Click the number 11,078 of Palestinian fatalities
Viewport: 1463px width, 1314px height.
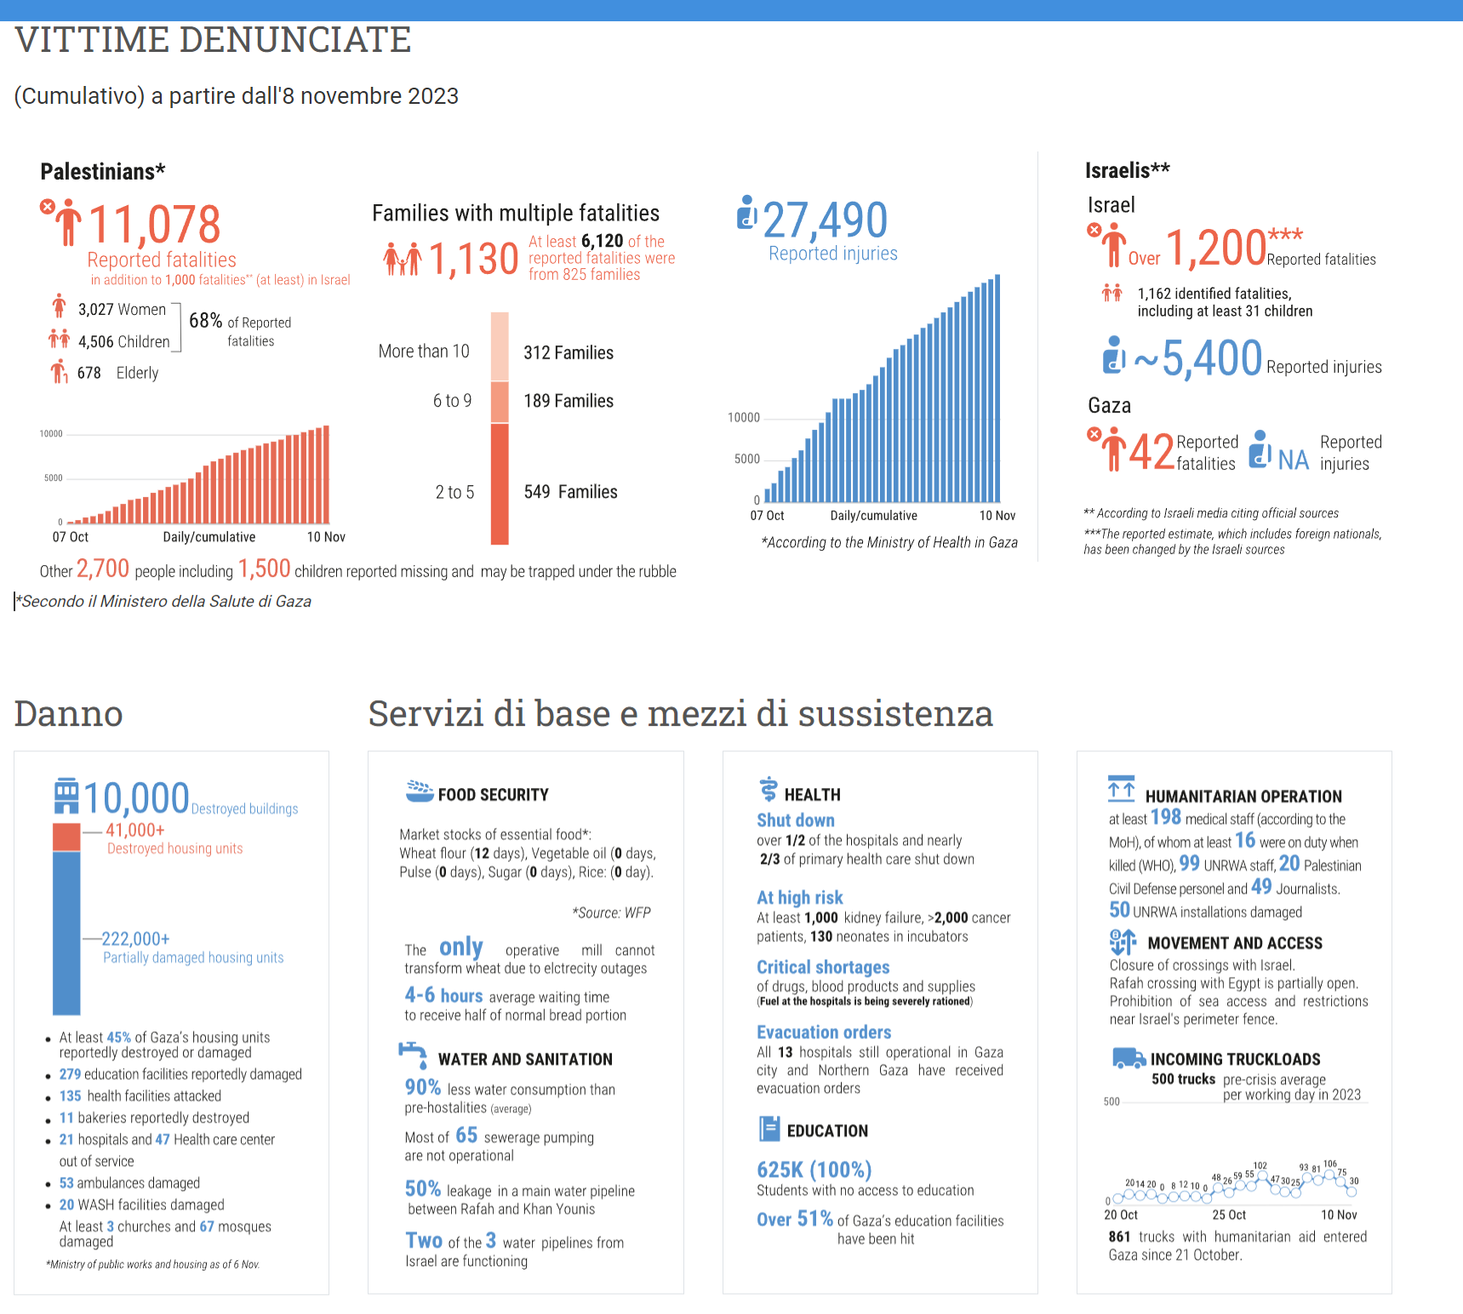(154, 225)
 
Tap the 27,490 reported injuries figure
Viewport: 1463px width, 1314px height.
(825, 220)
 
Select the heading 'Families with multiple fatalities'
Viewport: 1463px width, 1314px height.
(516, 213)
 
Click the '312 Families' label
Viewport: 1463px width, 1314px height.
(568, 352)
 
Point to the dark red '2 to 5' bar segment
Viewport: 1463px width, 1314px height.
(500, 483)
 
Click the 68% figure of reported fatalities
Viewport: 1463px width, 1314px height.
(205, 321)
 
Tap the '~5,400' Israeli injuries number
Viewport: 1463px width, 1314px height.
(1198, 358)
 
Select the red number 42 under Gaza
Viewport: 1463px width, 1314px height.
(1151, 453)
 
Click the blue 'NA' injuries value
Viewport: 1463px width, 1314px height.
(1293, 460)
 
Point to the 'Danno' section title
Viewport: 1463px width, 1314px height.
(69, 713)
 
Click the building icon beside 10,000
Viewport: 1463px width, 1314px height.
(66, 796)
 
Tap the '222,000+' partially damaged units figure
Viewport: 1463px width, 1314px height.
(136, 939)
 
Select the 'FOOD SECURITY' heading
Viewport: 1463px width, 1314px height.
(493, 795)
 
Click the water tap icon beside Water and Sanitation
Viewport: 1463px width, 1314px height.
(414, 1055)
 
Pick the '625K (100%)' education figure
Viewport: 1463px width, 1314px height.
(814, 1169)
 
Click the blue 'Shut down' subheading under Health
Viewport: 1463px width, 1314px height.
(795, 820)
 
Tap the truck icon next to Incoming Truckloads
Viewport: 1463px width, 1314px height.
(1129, 1058)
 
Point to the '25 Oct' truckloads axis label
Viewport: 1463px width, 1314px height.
(1229, 1214)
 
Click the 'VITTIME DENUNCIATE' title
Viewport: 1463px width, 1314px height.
(213, 40)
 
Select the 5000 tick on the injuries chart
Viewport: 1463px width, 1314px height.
(746, 459)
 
